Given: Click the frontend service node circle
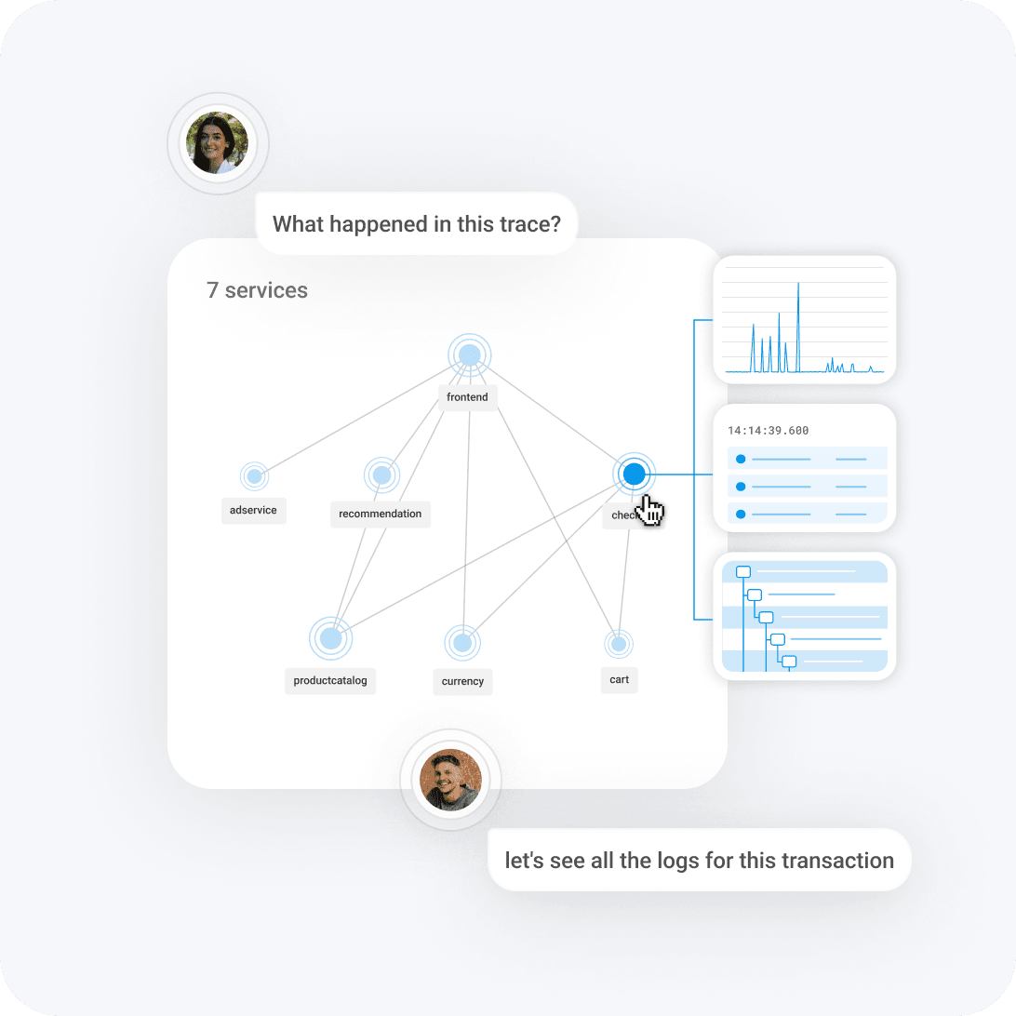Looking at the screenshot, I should pos(470,354).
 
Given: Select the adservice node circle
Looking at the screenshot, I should pos(254,475).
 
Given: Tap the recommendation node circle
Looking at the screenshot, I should pos(381,475).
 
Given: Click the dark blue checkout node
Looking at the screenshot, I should pos(635,475).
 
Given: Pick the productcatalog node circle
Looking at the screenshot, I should pos(330,638).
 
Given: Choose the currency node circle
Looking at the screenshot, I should pos(462,642).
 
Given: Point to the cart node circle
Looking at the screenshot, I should pos(619,643).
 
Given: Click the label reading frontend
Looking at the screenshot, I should pos(467,397).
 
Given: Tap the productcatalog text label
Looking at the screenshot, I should pos(330,680).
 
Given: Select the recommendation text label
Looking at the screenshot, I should pos(380,514).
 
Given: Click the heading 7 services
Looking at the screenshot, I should pos(257,290).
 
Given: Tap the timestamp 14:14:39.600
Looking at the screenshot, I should pos(768,431).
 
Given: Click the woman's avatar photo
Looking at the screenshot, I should pos(218,144).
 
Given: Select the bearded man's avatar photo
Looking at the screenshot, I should pos(450,780).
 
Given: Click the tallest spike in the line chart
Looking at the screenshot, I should pos(798,285).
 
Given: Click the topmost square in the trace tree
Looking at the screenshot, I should pos(742,572).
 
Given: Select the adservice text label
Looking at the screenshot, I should pos(253,510).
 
